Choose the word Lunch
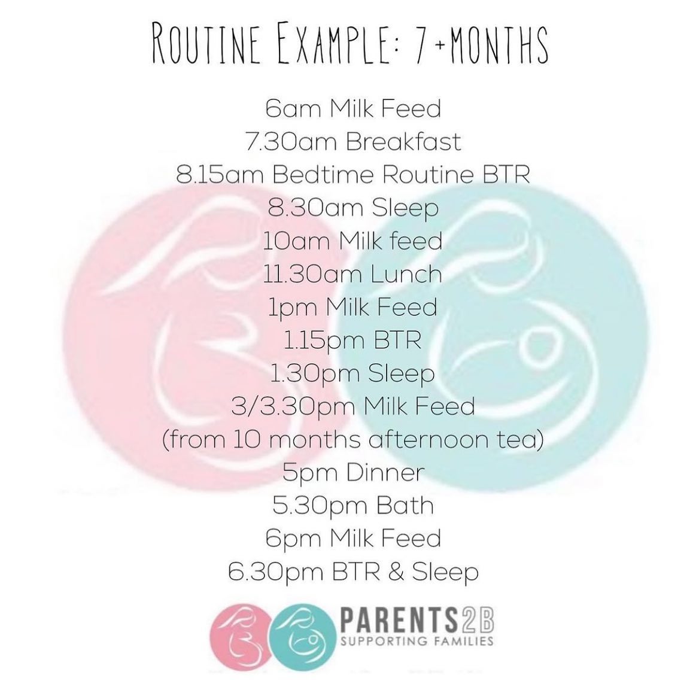[406, 274]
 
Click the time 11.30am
[312, 274]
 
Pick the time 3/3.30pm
[293, 406]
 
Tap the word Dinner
[385, 472]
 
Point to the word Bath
[405, 505]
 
